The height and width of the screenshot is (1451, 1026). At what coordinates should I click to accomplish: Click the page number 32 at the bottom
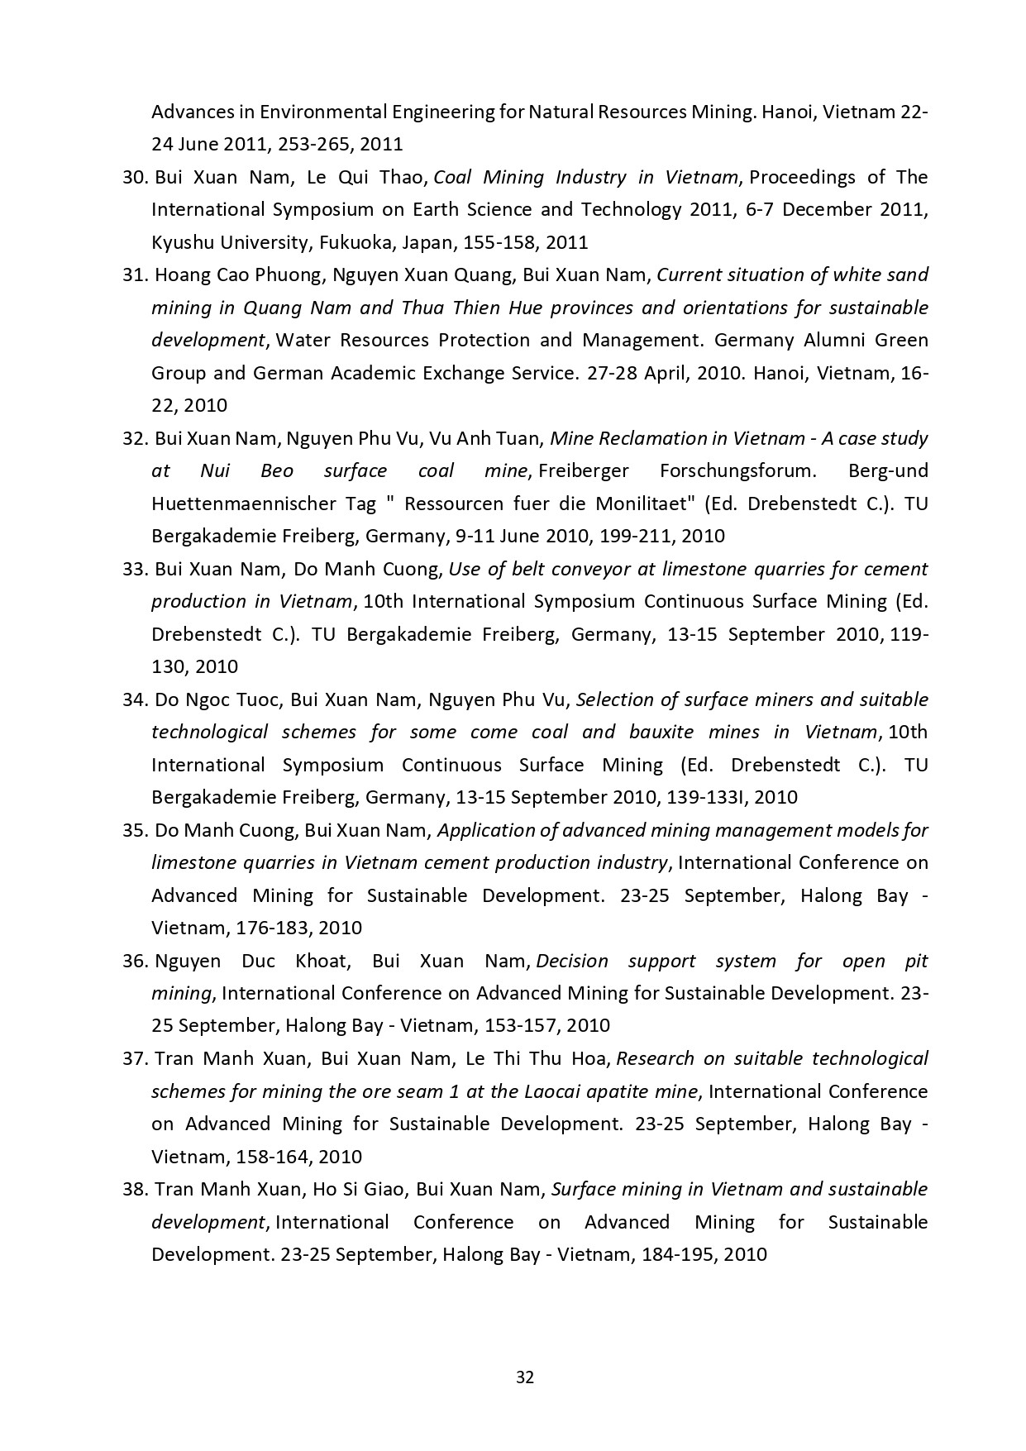pos(524,1377)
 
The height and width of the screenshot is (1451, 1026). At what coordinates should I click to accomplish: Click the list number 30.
pos(135,177)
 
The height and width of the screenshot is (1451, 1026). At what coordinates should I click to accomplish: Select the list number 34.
pos(135,699)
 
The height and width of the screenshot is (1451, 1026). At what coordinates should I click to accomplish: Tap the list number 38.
pos(135,1189)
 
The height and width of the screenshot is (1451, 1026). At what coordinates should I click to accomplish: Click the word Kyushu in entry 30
pos(180,242)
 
